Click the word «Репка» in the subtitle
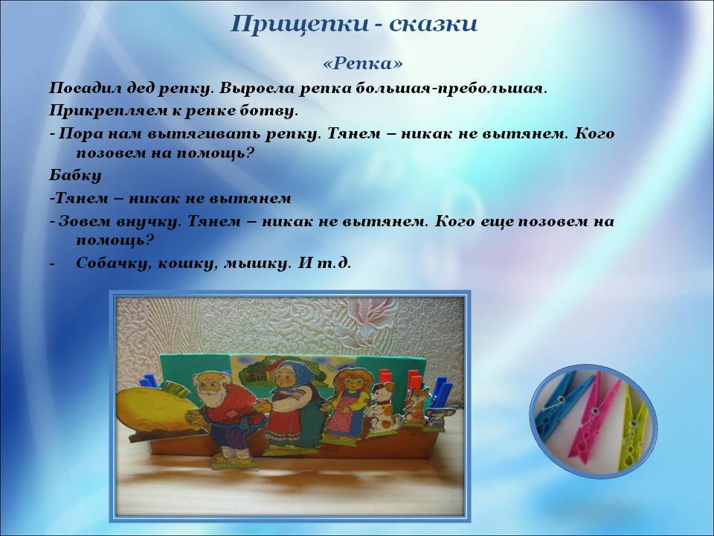(x=363, y=63)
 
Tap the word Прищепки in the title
(x=300, y=24)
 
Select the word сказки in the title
(x=433, y=25)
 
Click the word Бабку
(x=75, y=175)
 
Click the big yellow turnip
(x=154, y=409)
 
